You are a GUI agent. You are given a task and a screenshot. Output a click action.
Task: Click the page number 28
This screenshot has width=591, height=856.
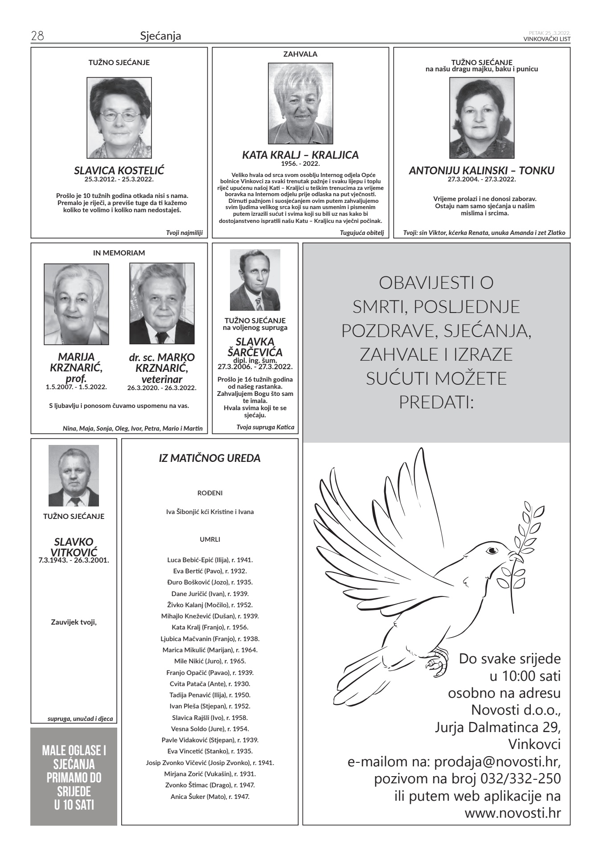pos(37,36)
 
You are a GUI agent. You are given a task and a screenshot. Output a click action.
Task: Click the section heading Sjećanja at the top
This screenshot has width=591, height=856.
pos(160,36)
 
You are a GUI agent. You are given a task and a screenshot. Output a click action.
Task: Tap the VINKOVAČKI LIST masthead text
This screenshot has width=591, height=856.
pos(547,39)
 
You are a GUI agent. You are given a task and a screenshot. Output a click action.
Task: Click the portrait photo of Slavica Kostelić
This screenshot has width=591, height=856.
pos(119,118)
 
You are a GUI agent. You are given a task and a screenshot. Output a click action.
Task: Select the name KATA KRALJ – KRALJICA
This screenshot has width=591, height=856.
pos(300,155)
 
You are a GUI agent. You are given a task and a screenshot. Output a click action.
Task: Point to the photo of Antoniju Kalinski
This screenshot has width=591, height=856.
pos(481,118)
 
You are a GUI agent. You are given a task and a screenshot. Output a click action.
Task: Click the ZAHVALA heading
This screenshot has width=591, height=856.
pos(300,54)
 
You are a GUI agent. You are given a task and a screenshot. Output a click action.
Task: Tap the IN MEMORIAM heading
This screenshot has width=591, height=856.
pos(119,253)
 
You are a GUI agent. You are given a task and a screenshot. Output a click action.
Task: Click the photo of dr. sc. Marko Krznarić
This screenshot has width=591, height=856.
pos(162,304)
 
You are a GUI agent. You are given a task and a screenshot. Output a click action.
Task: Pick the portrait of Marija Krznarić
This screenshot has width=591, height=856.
pos(76,304)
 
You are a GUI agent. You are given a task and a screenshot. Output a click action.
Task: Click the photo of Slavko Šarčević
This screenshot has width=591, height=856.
pos(255,280)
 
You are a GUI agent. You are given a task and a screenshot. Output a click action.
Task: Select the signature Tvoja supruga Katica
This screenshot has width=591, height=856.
pos(265,427)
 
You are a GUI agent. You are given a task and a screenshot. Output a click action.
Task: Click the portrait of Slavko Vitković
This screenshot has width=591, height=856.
pos(74,476)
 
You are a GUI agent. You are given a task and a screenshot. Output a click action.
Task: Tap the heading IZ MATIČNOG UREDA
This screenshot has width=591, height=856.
pos(209,458)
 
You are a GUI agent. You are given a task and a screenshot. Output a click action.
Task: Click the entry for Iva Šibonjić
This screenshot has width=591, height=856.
pos(209,512)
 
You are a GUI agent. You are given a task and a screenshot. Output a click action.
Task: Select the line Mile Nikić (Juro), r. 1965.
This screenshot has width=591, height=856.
pos(209,661)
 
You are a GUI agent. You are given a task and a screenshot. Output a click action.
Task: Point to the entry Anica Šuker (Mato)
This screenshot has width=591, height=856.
pos(209,796)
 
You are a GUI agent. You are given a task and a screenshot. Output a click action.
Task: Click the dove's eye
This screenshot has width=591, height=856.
pos(492,551)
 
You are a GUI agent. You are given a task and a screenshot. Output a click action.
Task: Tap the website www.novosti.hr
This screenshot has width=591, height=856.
pos(513,812)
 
